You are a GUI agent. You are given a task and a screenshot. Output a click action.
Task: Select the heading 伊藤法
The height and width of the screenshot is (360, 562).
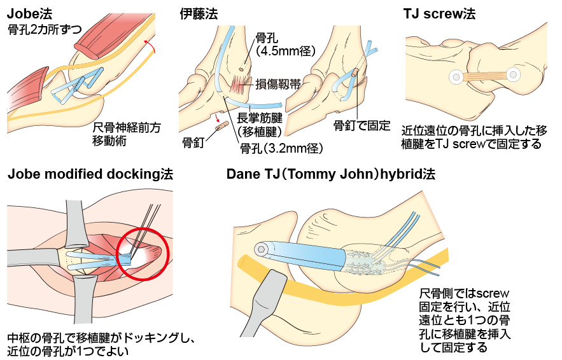click(x=199, y=13)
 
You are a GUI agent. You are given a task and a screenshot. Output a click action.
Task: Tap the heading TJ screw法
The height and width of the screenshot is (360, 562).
click(x=439, y=13)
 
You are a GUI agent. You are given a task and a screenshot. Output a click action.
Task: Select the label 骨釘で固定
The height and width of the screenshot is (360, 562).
click(x=362, y=125)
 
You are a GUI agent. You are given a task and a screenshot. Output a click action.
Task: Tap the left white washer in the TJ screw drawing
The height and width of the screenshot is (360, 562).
click(x=456, y=78)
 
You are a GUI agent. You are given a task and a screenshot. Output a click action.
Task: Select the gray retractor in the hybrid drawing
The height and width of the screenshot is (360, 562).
click(x=264, y=299)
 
